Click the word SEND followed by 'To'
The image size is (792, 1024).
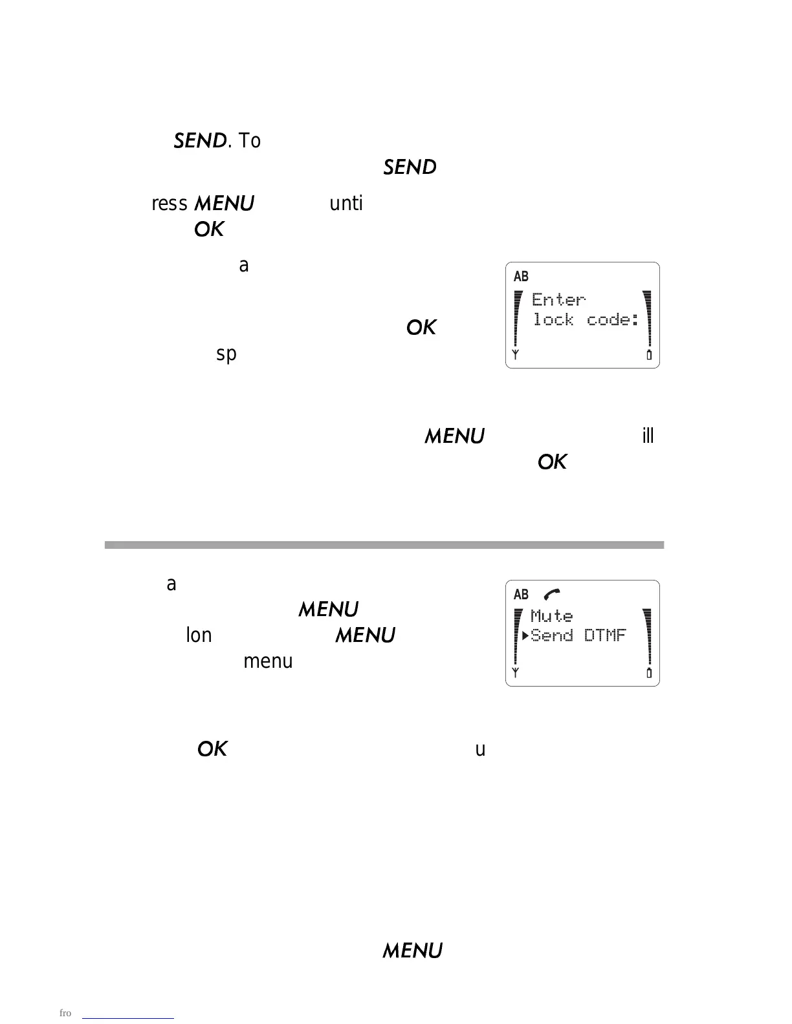click(200, 141)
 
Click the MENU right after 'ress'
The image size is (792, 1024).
click(224, 204)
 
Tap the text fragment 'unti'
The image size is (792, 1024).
click(346, 204)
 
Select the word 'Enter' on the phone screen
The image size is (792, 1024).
click(558, 299)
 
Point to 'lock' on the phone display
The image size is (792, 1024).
click(553, 319)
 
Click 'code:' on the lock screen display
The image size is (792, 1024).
click(613, 319)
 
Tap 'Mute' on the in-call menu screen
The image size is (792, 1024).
click(551, 616)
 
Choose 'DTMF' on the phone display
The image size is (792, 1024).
click(605, 635)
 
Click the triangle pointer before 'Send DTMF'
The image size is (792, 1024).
click(525, 635)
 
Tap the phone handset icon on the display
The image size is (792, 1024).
click(552, 594)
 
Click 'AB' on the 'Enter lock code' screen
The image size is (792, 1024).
click(521, 277)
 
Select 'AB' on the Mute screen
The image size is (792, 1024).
click(521, 595)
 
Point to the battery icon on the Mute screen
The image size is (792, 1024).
click(649, 674)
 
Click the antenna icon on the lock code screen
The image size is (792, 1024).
click(516, 355)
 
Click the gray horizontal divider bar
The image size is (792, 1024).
click(384, 545)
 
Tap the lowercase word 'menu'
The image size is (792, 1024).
click(268, 661)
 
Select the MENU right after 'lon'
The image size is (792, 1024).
click(365, 635)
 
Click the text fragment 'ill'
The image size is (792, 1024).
click(648, 436)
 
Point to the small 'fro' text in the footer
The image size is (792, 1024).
click(65, 1013)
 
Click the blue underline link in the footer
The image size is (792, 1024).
click(129, 1018)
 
